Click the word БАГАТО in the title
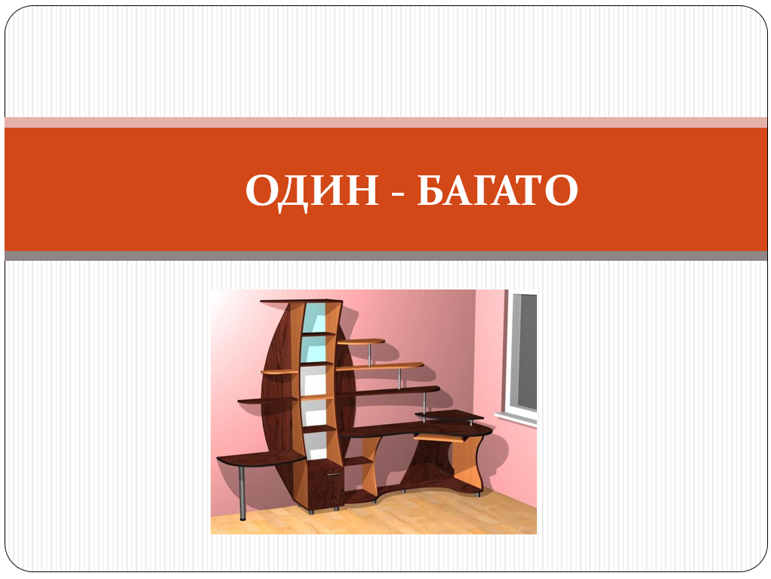pos(498,190)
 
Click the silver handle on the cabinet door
pos(334,474)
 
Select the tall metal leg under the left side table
pos(242,493)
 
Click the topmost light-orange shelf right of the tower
pos(361,341)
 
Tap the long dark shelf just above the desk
pos(388,392)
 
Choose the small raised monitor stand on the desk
pos(449,416)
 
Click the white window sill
pos(515,419)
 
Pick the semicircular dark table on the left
pos(261,459)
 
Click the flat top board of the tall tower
pos(301,301)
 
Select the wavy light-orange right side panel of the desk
pos(467,463)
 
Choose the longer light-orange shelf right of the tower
pos(380,367)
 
